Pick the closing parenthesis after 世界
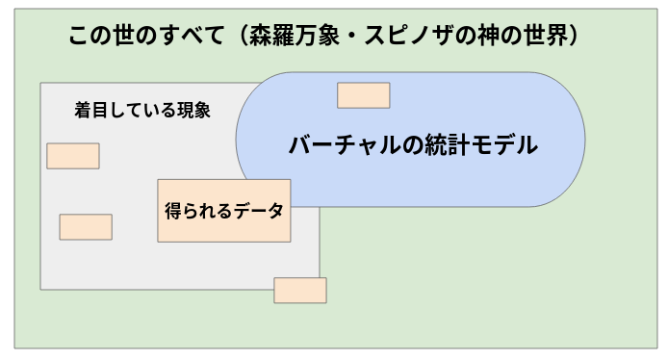click(x=588, y=37)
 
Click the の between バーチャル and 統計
click(x=398, y=146)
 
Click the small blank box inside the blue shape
click(x=363, y=95)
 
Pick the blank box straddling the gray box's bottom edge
click(x=300, y=290)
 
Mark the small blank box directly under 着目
click(x=73, y=156)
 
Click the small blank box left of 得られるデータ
click(x=86, y=227)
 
